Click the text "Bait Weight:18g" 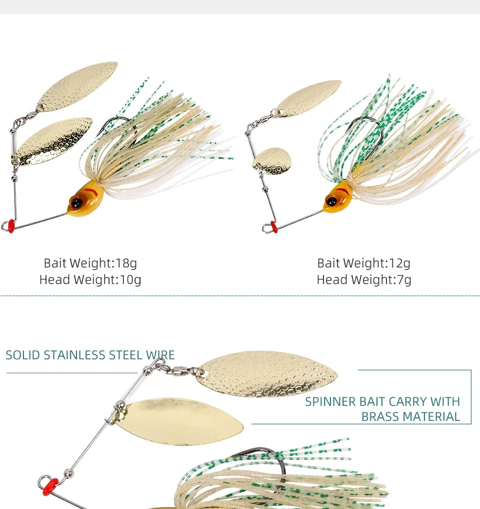click(90, 263)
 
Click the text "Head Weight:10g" click(90, 280)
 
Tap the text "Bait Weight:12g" click(364, 263)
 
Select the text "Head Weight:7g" click(364, 280)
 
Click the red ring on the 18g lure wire click(8, 225)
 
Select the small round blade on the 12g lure click(270, 160)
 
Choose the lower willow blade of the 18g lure click(52, 142)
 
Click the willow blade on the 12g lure click(308, 98)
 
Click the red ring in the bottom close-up click(50, 484)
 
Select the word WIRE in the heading click(160, 355)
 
